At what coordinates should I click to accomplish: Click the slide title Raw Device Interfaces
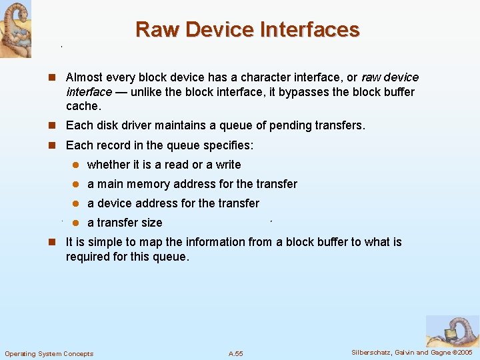pos(247,29)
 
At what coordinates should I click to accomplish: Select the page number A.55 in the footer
pos(235,353)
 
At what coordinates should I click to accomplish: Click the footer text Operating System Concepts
pos(49,353)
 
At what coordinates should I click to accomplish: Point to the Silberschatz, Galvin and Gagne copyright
pos(411,352)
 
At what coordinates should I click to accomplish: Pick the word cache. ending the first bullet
pos(83,106)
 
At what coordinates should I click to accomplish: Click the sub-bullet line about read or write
pos(164,165)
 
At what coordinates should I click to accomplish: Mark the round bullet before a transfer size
pos(76,223)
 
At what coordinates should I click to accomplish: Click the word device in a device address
pos(115,203)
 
